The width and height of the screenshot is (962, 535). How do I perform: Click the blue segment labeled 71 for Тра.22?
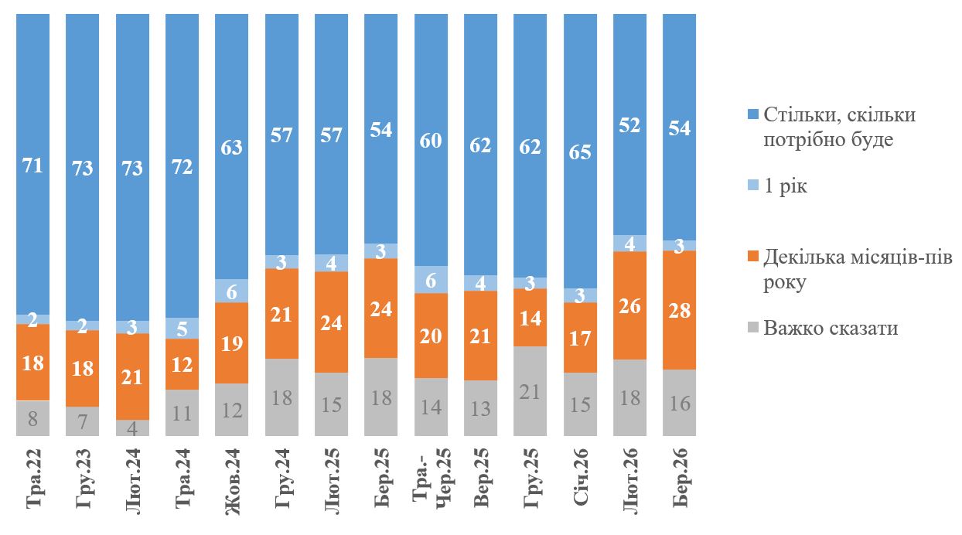point(32,164)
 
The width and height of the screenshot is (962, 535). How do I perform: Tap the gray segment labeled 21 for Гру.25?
point(530,391)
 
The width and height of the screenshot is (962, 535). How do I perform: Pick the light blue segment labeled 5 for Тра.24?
point(182,328)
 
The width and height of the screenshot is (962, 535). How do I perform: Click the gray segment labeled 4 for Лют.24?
point(132,428)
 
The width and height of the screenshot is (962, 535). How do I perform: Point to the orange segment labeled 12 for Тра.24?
point(182,363)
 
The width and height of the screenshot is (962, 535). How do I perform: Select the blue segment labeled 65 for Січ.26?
point(580,152)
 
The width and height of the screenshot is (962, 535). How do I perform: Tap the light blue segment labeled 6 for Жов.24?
point(231,291)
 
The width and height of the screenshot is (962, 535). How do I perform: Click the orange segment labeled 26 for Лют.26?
point(629,305)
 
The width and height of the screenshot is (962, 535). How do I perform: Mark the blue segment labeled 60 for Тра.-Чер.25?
point(431,141)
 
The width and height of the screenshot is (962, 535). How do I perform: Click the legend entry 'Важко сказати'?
point(831,328)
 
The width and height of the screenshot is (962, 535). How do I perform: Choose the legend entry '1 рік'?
point(785,187)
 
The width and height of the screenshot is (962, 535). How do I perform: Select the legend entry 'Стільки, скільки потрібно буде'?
point(839,127)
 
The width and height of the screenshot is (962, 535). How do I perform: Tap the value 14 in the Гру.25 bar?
point(530,317)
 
